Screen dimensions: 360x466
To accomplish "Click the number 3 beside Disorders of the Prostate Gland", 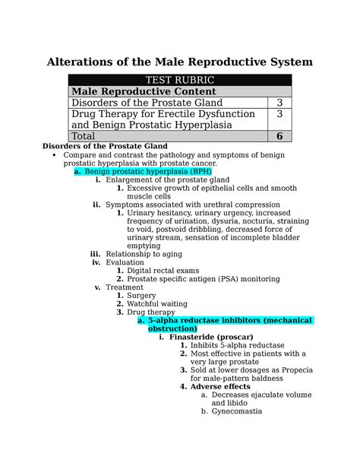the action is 279,103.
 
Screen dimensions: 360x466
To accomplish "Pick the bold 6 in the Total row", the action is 279,136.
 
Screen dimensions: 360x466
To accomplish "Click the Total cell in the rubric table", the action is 88,136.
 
